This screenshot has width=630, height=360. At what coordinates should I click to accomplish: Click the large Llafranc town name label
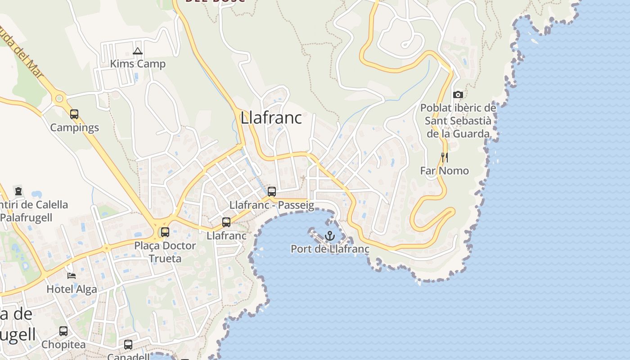(x=271, y=118)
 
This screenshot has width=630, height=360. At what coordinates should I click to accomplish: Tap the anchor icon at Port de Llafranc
(x=330, y=235)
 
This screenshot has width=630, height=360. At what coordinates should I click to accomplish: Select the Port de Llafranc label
(x=330, y=249)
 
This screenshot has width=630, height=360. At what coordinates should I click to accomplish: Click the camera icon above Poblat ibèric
(x=458, y=94)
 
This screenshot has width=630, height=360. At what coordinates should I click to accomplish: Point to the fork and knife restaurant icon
(x=445, y=157)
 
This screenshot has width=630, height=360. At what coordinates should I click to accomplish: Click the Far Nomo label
(x=444, y=171)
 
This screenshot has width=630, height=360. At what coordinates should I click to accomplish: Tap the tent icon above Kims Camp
(x=138, y=51)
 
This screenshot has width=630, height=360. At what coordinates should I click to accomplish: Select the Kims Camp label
(x=138, y=64)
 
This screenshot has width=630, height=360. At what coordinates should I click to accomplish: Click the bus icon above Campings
(x=74, y=114)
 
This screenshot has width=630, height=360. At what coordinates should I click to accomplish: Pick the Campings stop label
(x=74, y=127)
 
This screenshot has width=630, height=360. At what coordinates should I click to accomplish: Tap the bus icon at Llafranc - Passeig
(x=272, y=192)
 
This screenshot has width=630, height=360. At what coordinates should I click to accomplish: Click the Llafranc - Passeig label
(x=272, y=205)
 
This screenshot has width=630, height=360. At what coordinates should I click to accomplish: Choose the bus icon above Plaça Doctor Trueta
(x=165, y=232)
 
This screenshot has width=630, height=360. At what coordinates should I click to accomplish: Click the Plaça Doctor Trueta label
(x=165, y=252)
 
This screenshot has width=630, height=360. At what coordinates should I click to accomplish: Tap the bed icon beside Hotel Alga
(x=71, y=275)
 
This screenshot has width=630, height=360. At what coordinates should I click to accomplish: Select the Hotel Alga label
(x=72, y=289)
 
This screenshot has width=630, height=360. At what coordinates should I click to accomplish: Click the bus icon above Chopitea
(x=63, y=331)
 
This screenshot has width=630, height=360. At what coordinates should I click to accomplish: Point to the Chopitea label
(x=63, y=345)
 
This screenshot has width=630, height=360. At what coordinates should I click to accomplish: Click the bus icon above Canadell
(x=128, y=345)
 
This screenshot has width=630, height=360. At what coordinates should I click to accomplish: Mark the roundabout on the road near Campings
(x=58, y=99)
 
